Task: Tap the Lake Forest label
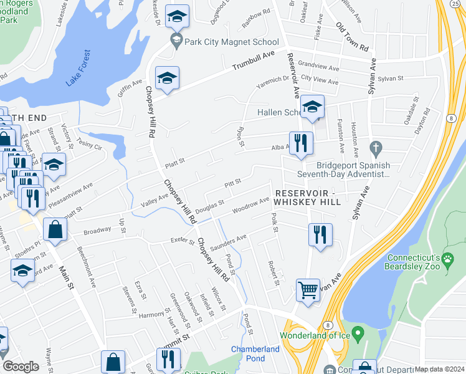point(78,68)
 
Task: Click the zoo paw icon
point(447,258)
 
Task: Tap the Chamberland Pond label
point(255,353)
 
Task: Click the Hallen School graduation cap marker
point(312,107)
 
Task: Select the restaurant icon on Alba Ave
point(301,143)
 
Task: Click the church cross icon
point(375,149)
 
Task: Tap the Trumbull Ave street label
point(254,62)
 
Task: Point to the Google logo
point(21,367)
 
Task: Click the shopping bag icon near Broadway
point(55,229)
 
